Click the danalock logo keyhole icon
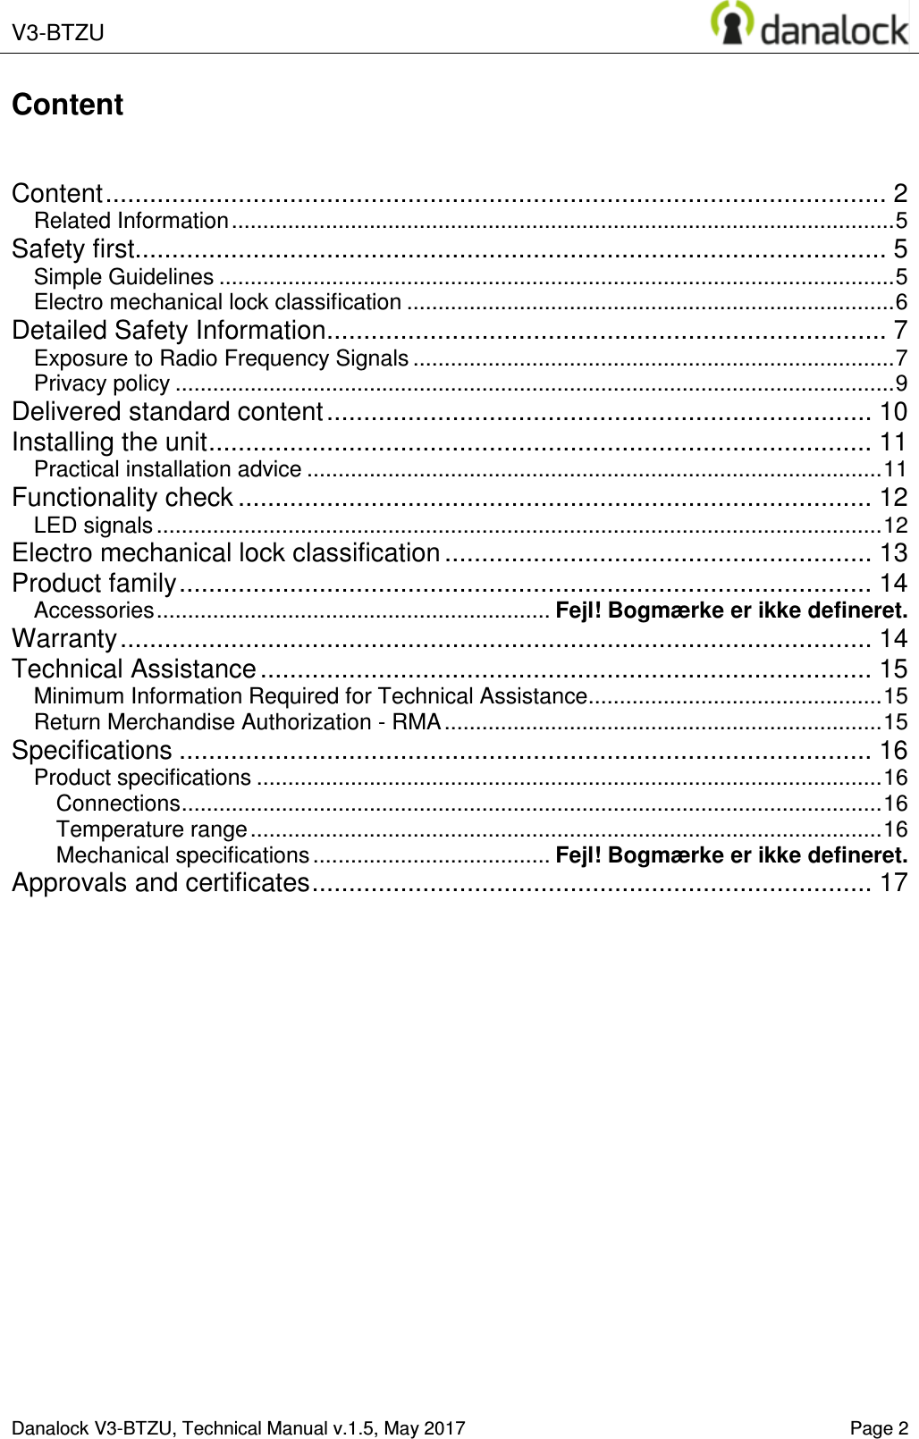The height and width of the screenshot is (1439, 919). [731, 23]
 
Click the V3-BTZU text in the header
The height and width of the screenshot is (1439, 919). [58, 33]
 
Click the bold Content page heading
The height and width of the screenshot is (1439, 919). [67, 105]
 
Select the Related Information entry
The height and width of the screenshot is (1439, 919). [131, 221]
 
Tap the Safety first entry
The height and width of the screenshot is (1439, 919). [73, 248]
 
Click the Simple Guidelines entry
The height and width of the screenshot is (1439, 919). [123, 277]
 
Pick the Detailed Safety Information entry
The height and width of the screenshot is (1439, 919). [168, 331]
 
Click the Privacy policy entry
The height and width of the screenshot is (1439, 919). [102, 383]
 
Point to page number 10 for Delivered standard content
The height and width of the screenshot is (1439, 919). [893, 412]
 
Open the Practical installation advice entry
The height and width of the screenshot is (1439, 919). [167, 469]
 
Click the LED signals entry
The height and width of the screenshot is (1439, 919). [93, 526]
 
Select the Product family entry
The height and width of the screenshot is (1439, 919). [94, 584]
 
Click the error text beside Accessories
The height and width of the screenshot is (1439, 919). [731, 611]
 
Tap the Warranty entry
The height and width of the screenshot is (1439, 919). [64, 639]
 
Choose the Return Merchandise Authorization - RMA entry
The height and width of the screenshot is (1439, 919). [237, 722]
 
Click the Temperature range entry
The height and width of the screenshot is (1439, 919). [152, 829]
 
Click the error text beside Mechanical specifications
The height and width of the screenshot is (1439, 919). [731, 855]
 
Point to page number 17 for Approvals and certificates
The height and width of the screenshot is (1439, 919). [893, 883]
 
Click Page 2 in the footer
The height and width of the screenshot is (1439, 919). [879, 1428]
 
